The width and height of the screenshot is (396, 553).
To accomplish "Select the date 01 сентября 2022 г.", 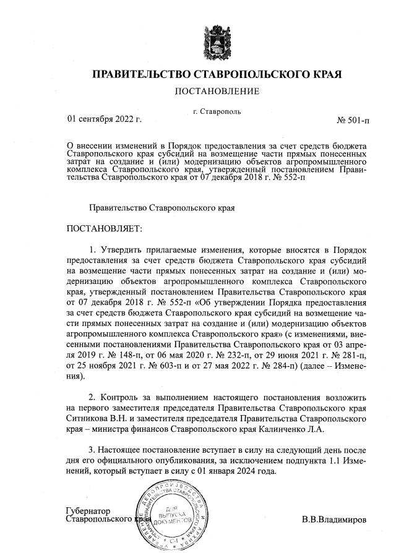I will coord(104,118).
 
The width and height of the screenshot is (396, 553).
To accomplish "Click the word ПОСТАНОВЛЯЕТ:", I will coord(104,228).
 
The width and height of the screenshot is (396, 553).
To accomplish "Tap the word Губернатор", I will coord(88,511).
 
